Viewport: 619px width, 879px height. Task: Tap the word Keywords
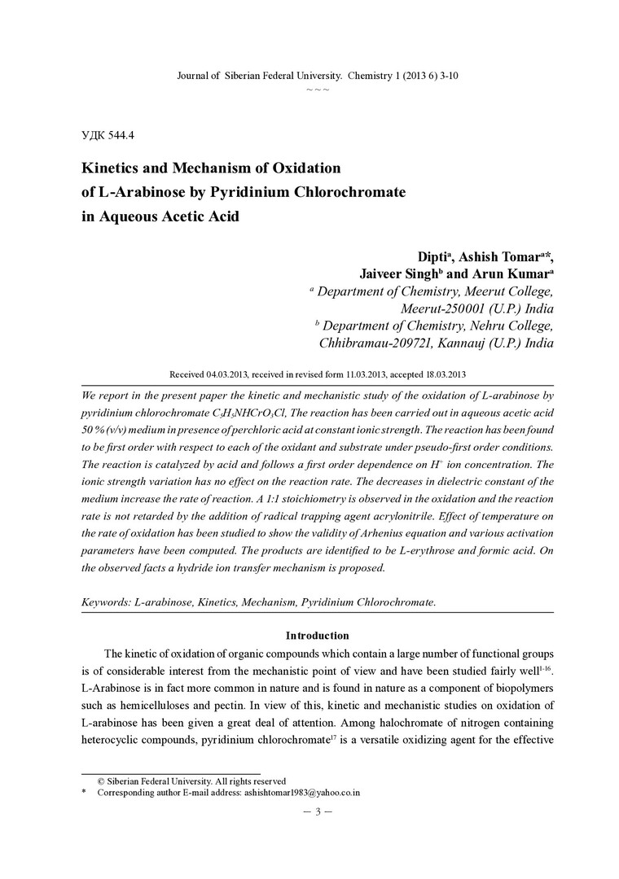107,602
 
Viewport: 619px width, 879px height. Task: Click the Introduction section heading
317,635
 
